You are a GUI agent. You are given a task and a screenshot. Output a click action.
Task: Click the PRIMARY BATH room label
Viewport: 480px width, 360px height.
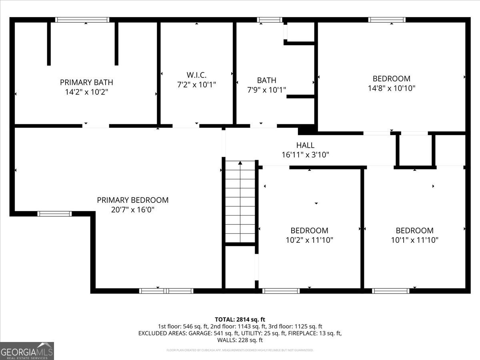(x=86, y=82)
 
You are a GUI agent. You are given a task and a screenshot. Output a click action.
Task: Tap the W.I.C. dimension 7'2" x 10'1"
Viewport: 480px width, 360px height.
(x=196, y=85)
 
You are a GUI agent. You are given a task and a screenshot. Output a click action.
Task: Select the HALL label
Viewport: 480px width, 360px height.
(x=305, y=145)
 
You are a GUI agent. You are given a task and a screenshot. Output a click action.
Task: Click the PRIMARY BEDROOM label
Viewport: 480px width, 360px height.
(x=133, y=200)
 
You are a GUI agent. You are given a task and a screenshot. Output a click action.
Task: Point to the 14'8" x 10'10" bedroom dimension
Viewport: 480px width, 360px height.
(x=392, y=88)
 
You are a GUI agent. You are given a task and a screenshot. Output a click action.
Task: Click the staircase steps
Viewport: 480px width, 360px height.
(x=240, y=204)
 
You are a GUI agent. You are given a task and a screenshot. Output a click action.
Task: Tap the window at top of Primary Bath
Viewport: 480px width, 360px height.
(x=82, y=20)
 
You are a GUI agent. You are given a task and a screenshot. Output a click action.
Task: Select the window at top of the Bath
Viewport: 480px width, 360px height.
(x=270, y=20)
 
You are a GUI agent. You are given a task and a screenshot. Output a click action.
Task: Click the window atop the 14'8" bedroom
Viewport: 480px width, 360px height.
(x=387, y=20)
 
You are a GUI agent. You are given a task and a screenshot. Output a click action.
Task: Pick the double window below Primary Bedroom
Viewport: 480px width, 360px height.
(x=166, y=291)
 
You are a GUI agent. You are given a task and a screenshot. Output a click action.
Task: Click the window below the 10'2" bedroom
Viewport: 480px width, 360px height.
(x=281, y=291)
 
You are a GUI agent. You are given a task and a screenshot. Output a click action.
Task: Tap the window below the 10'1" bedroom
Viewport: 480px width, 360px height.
(x=391, y=291)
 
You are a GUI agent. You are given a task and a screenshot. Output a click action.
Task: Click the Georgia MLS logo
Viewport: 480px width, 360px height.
(x=27, y=351)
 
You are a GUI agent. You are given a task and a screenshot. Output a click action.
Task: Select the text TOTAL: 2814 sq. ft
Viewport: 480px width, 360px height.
(x=240, y=319)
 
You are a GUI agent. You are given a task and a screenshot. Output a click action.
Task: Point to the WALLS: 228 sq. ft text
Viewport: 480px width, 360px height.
(x=240, y=340)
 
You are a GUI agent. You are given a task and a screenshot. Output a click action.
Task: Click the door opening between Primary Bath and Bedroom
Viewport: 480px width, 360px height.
(x=96, y=126)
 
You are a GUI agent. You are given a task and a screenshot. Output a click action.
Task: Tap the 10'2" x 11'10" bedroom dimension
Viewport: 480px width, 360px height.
(x=309, y=240)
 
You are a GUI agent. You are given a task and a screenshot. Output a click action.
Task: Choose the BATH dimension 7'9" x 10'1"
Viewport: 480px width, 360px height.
(x=266, y=90)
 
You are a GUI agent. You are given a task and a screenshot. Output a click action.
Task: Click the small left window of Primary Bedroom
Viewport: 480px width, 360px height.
(x=55, y=214)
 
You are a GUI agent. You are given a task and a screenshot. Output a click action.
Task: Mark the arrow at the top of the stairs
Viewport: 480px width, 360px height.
(x=240, y=163)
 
